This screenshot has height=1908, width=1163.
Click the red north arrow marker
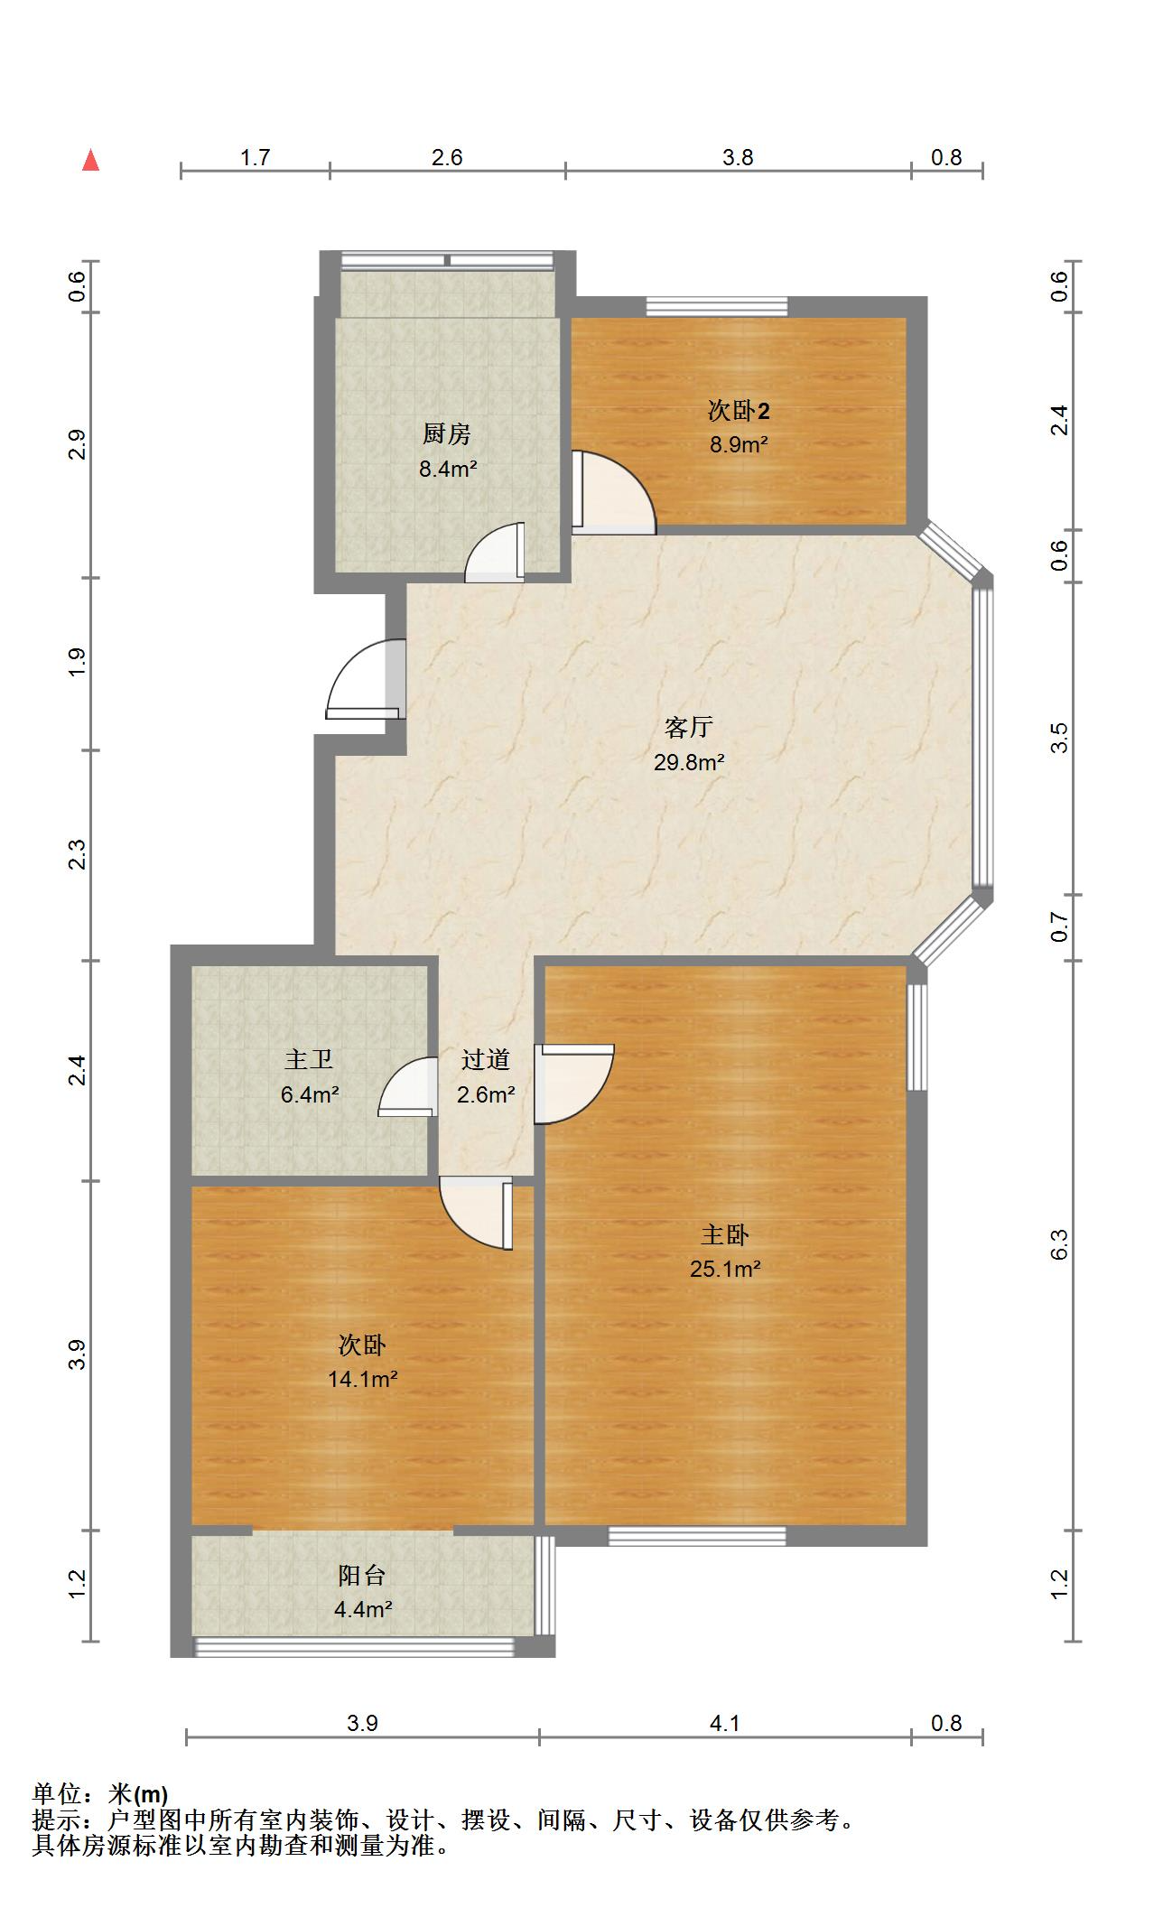(90, 161)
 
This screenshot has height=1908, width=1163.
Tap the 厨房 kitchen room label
(447, 434)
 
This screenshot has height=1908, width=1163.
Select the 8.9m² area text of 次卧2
(739, 444)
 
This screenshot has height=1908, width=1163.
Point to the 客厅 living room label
(689, 727)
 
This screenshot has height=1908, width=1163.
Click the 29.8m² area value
(689, 762)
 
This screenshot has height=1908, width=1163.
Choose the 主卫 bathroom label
(309, 1059)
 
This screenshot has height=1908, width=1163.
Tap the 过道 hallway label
(486, 1059)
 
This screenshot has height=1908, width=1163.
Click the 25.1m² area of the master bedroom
(725, 1269)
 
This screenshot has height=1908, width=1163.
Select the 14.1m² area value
(363, 1379)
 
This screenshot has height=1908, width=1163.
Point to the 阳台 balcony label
(362, 1576)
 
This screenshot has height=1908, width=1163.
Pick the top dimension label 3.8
(738, 157)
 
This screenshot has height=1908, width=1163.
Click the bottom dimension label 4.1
(725, 1723)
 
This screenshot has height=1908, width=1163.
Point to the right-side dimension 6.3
(1060, 1244)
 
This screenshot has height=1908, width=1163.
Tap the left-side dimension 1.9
(78, 663)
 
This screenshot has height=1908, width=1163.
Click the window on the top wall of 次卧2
(717, 306)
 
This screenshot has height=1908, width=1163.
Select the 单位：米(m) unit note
(100, 1793)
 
